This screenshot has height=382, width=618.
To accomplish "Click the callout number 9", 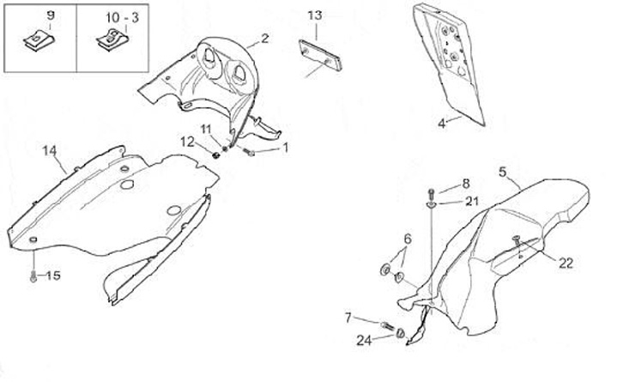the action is [49, 16].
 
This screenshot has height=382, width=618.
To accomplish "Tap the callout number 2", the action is [265, 38].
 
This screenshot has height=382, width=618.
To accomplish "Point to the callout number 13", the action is [315, 15].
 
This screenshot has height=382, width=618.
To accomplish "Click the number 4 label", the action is [442, 124].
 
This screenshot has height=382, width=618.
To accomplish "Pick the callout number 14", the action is [50, 150].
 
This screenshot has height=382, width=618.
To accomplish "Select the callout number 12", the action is [188, 141].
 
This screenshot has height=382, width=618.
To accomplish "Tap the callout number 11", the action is [206, 129].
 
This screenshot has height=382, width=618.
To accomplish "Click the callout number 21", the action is [471, 202].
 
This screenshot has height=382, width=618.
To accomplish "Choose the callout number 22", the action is [565, 264].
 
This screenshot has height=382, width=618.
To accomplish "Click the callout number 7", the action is [348, 318].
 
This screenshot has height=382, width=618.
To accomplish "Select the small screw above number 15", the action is [33, 276].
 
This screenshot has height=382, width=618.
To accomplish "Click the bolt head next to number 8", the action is [431, 190].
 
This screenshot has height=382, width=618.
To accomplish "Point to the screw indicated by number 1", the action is [249, 153].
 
